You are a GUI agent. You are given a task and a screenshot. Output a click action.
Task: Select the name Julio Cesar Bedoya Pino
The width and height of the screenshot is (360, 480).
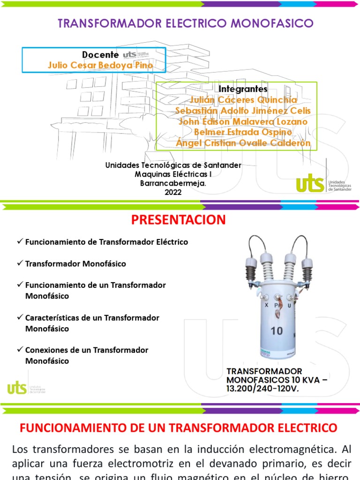pyautogui.click(x=100, y=65)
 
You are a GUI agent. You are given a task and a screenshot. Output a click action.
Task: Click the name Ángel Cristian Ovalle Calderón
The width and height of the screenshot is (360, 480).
pyautogui.click(x=243, y=143)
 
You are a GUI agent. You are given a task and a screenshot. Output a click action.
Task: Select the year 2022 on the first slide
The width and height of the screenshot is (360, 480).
pyautogui.click(x=173, y=192)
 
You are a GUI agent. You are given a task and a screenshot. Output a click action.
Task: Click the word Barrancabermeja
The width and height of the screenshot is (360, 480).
pyautogui.click(x=173, y=183)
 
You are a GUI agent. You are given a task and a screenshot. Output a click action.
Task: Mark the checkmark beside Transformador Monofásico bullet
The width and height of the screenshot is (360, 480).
pyautogui.click(x=20, y=263)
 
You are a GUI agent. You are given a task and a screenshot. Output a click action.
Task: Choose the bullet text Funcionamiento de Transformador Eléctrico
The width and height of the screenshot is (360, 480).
pyautogui.click(x=106, y=242)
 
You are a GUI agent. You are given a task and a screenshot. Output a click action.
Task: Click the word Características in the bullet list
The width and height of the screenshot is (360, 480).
pyautogui.click(x=52, y=317)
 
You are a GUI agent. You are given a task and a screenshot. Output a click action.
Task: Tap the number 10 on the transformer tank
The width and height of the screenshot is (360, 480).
pyautogui.click(x=277, y=331)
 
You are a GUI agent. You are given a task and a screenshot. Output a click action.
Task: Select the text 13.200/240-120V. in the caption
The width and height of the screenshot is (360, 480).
pyautogui.click(x=262, y=389)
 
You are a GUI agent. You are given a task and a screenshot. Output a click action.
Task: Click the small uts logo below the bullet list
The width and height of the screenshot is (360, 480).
pyautogui.click(x=17, y=388)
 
